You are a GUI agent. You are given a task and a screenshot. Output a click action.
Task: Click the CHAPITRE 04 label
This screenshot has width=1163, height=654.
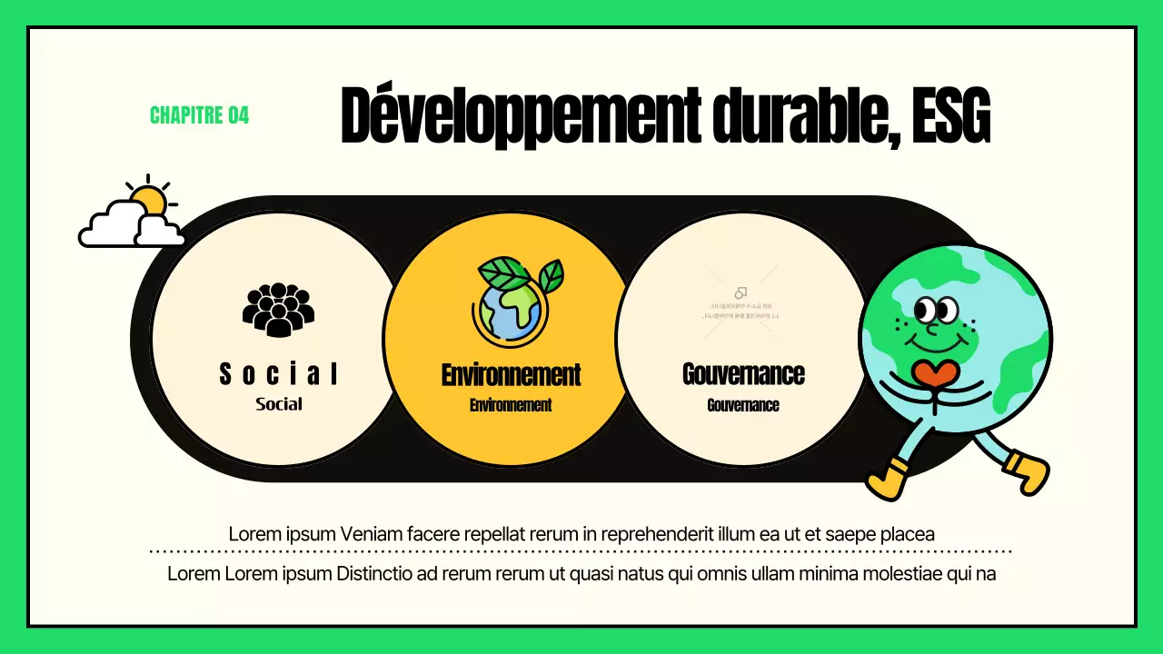(199, 115)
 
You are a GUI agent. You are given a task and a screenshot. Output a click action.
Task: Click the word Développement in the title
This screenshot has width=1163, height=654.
(517, 117)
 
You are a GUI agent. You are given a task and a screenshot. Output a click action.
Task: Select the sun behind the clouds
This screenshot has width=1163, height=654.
(149, 198)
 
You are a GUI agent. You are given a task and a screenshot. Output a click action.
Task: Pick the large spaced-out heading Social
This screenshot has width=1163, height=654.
(279, 373)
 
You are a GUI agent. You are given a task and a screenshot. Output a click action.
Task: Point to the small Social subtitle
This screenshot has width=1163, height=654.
(279, 404)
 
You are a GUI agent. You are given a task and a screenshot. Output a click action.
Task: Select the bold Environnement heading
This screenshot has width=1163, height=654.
(511, 374)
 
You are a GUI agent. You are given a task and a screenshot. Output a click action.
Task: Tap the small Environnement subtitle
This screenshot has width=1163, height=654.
(511, 405)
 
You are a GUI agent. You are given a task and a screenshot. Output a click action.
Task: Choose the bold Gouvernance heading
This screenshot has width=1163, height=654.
(743, 373)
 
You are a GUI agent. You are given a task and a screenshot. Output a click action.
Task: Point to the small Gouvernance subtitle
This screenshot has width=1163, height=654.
(743, 405)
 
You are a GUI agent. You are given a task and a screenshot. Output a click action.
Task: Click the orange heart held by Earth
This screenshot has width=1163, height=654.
(936, 373)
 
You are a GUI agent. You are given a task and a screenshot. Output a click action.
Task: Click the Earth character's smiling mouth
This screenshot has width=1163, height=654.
(936, 343)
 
